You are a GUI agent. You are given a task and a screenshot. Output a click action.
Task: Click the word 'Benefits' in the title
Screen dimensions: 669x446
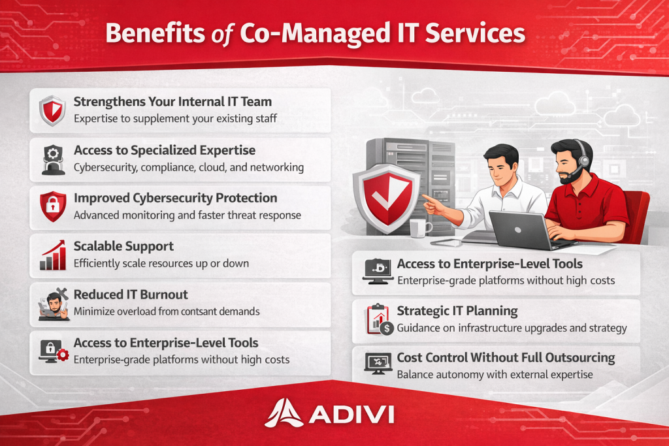(155, 33)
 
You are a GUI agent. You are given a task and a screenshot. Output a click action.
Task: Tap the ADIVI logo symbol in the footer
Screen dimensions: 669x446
(284, 413)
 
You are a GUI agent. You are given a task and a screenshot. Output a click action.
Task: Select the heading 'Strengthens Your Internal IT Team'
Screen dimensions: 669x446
(172, 101)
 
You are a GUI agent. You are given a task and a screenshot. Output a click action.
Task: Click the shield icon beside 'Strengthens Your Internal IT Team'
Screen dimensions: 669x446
(52, 110)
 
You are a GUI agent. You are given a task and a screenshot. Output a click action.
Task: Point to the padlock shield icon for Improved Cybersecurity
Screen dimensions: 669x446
(53, 206)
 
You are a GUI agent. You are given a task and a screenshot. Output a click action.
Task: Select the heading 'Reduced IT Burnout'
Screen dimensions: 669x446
(131, 295)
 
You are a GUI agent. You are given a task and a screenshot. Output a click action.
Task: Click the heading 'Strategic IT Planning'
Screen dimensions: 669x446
(457, 311)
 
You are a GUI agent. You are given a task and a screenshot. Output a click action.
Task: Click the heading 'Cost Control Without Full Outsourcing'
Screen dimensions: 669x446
(506, 358)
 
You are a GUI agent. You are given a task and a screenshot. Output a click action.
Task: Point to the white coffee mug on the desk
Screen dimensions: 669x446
(420, 228)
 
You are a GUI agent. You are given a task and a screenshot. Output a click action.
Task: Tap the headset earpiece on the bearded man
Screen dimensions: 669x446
(583, 161)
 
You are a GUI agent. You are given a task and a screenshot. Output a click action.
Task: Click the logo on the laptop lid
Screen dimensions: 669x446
(518, 230)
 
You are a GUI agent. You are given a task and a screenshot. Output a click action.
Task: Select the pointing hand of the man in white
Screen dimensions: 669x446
(433, 204)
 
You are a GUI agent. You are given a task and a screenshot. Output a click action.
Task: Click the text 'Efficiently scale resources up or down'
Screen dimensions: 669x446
(161, 264)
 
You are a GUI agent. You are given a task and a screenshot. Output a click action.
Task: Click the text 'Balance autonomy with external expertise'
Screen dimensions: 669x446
(495, 375)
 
